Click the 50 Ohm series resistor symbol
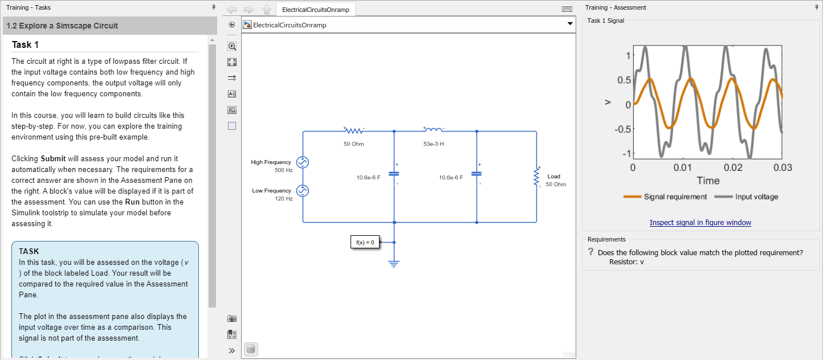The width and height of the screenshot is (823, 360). [x=353, y=131]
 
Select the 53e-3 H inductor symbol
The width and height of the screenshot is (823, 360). [x=433, y=130]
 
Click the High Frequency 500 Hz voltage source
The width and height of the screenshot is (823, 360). [x=303, y=163]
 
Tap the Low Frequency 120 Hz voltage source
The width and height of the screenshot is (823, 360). [x=303, y=191]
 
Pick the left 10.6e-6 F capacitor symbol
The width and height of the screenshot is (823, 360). [x=394, y=173]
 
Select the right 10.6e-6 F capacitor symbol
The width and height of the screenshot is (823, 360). [x=476, y=173]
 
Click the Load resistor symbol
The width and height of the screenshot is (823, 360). [x=536, y=177]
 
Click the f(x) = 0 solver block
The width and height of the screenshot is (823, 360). [x=365, y=242]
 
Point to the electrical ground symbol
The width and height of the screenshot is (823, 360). [x=394, y=263]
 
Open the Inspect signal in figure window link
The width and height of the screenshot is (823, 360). [x=700, y=223]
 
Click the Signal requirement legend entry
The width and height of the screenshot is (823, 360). [x=675, y=197]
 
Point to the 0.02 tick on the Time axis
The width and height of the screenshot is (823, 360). [x=732, y=168]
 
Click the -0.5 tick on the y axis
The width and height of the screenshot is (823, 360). [x=622, y=129]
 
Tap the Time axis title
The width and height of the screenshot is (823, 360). [x=708, y=181]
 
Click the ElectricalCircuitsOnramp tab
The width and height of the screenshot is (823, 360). [x=315, y=10]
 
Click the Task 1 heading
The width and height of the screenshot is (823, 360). [x=25, y=45]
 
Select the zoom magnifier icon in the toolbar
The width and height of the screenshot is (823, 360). [x=232, y=46]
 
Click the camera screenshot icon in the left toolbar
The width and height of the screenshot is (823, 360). [x=232, y=318]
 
